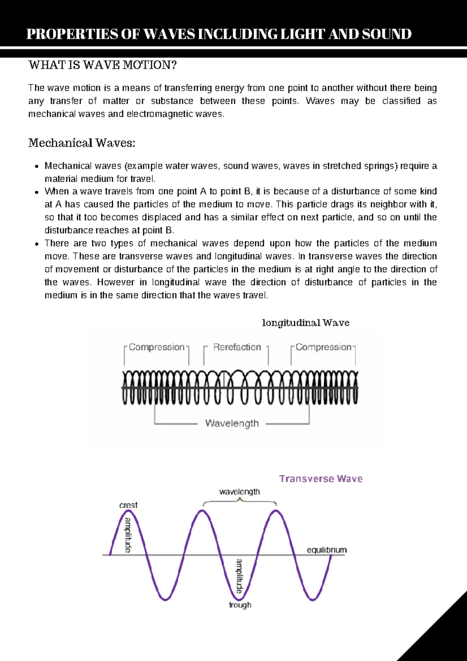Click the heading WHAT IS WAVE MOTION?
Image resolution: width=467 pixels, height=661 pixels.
(x=102, y=65)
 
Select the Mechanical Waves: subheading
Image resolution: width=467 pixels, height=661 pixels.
(x=82, y=143)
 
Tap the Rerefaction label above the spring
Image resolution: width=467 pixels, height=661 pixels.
(x=237, y=347)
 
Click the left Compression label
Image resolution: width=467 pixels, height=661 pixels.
(x=156, y=347)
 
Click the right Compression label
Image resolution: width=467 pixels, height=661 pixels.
(x=323, y=347)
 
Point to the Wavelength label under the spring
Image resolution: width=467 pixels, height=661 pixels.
(x=232, y=423)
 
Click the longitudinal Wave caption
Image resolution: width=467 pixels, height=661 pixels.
(x=305, y=323)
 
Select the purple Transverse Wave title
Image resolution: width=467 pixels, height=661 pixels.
(x=321, y=479)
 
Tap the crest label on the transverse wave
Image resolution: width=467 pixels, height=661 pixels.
(x=128, y=505)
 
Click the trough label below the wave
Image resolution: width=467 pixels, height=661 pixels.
(x=240, y=605)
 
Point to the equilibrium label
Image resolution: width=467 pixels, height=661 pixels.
(x=327, y=550)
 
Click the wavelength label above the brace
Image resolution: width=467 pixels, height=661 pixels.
(x=239, y=491)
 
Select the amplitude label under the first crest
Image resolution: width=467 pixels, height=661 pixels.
(x=128, y=535)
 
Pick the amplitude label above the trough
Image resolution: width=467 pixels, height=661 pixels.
(x=239, y=576)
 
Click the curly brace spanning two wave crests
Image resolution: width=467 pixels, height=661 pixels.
(x=240, y=501)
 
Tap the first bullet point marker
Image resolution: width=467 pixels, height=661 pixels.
(x=37, y=166)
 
